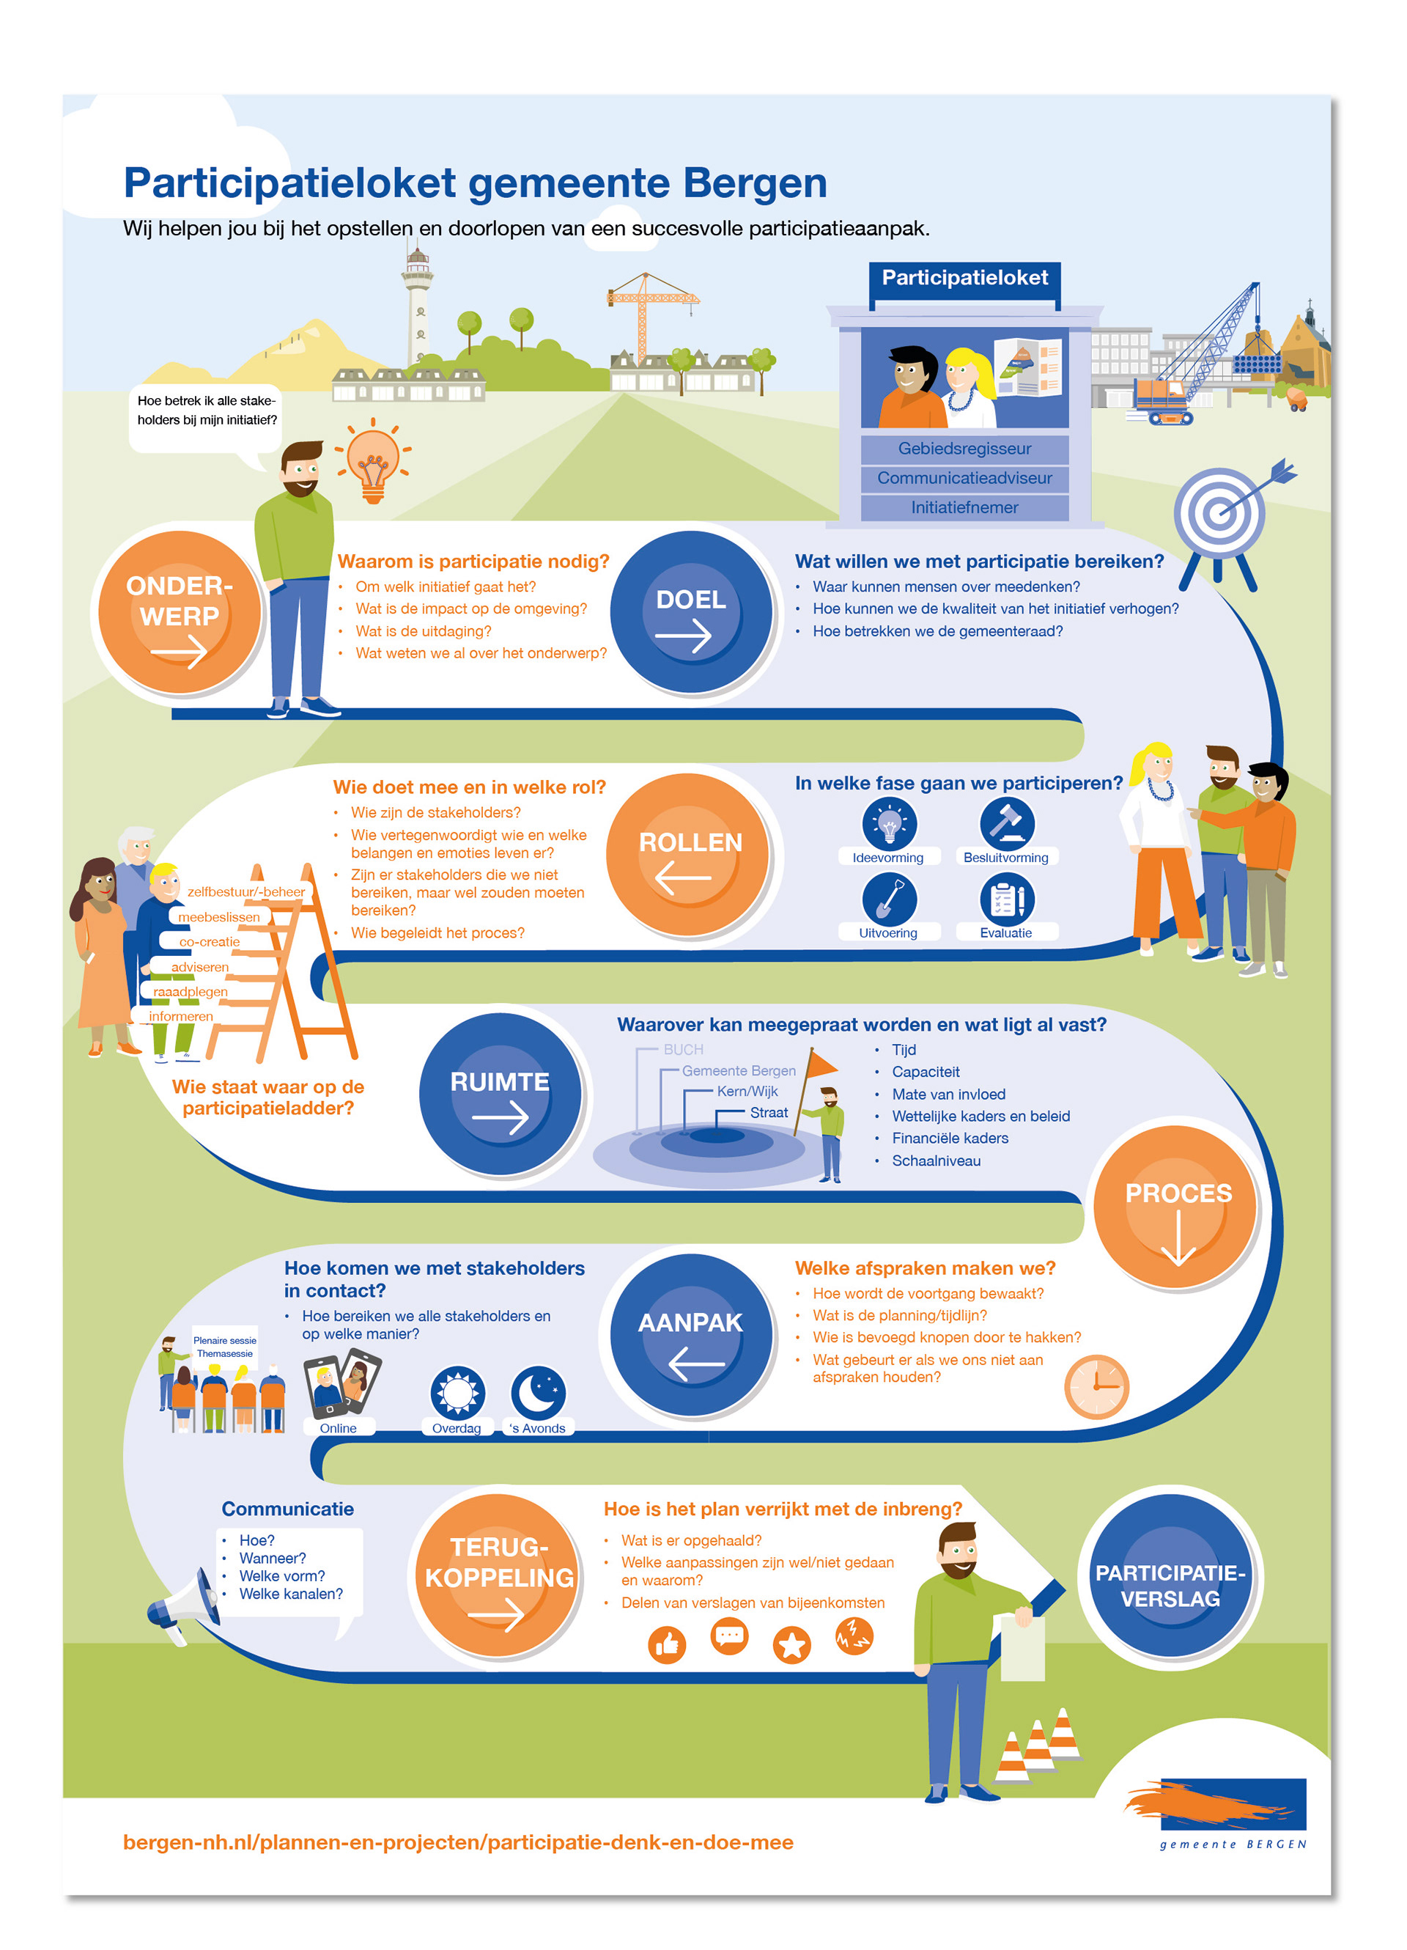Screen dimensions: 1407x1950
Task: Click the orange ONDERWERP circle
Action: [x=179, y=612]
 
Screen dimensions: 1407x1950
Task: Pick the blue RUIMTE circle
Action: [x=501, y=1094]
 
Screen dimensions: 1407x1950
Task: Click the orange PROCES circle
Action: [x=1177, y=1205]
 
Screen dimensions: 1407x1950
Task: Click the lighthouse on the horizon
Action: [x=418, y=309]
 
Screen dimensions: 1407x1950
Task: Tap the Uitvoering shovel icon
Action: [x=889, y=899]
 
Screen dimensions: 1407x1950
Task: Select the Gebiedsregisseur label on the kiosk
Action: [x=964, y=449]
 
